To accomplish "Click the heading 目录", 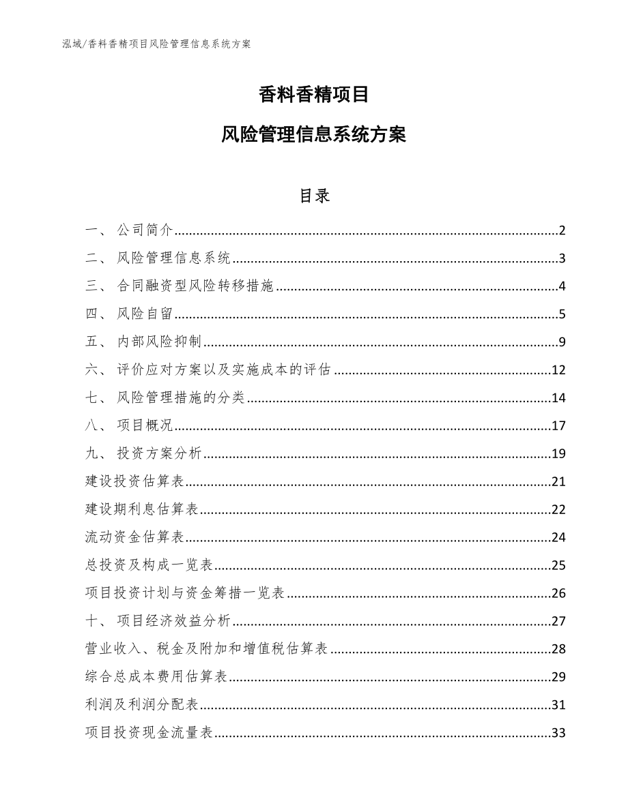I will (x=314, y=196).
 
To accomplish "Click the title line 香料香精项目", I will (x=314, y=95).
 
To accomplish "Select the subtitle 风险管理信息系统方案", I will (x=314, y=134).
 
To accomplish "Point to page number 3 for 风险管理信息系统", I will (x=562, y=258).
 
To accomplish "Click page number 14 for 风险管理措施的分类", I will (x=558, y=398).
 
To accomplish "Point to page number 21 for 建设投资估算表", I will (x=558, y=482).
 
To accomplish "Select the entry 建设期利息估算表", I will (x=142, y=510).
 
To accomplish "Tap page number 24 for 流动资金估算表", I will (x=558, y=538).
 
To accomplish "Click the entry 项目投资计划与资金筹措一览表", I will (x=185, y=593).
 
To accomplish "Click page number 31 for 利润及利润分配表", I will (x=558, y=705).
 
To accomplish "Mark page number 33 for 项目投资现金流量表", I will (x=558, y=733).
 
